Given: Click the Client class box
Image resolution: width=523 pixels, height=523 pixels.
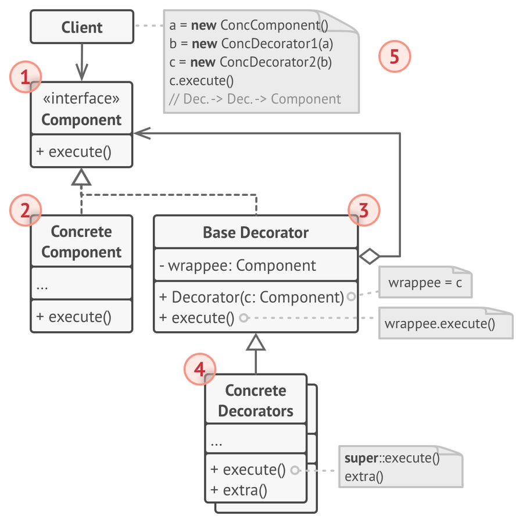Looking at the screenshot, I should tap(81, 27).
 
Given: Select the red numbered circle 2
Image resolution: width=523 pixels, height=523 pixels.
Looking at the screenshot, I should tap(26, 210).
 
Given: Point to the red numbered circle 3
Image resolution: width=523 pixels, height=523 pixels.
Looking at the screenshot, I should tap(364, 210).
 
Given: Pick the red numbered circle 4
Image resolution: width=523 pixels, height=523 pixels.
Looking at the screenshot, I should tap(199, 370).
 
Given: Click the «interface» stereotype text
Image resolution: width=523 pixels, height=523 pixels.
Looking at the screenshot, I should tap(81, 99).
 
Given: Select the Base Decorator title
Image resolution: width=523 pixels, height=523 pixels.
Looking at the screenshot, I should tap(256, 233).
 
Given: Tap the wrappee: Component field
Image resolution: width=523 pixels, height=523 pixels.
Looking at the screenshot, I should tap(238, 266).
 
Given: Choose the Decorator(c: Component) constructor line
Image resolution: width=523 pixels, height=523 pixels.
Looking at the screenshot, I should tap(252, 297).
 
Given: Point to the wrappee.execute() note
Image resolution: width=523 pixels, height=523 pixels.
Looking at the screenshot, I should tap(440, 324).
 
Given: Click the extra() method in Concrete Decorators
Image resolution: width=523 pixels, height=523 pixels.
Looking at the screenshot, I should tap(239, 490).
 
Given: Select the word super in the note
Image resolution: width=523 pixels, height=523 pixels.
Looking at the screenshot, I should tap(361, 458).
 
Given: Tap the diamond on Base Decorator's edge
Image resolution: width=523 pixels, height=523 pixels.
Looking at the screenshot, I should tap(369, 256).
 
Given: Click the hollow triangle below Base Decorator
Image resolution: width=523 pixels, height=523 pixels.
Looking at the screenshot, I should tap(256, 343).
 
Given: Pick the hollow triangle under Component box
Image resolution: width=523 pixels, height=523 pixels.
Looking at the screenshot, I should tap(81, 178).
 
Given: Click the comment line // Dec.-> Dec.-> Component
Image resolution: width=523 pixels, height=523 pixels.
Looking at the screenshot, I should tap(255, 99).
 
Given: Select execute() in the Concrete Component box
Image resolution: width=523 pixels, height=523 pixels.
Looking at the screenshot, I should tap(74, 317).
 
